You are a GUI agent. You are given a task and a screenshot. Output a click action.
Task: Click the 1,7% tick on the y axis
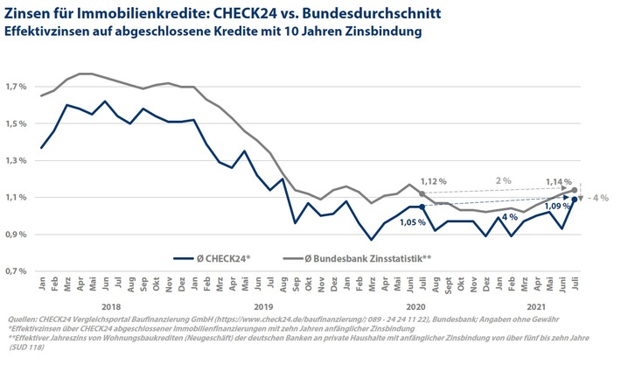click(x=17, y=88)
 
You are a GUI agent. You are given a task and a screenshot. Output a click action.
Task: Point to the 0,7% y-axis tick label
click(x=17, y=271)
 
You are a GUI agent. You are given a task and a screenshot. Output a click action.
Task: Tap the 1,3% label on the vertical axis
click(x=17, y=161)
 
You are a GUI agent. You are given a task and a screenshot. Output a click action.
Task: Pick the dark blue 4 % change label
click(x=511, y=215)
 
